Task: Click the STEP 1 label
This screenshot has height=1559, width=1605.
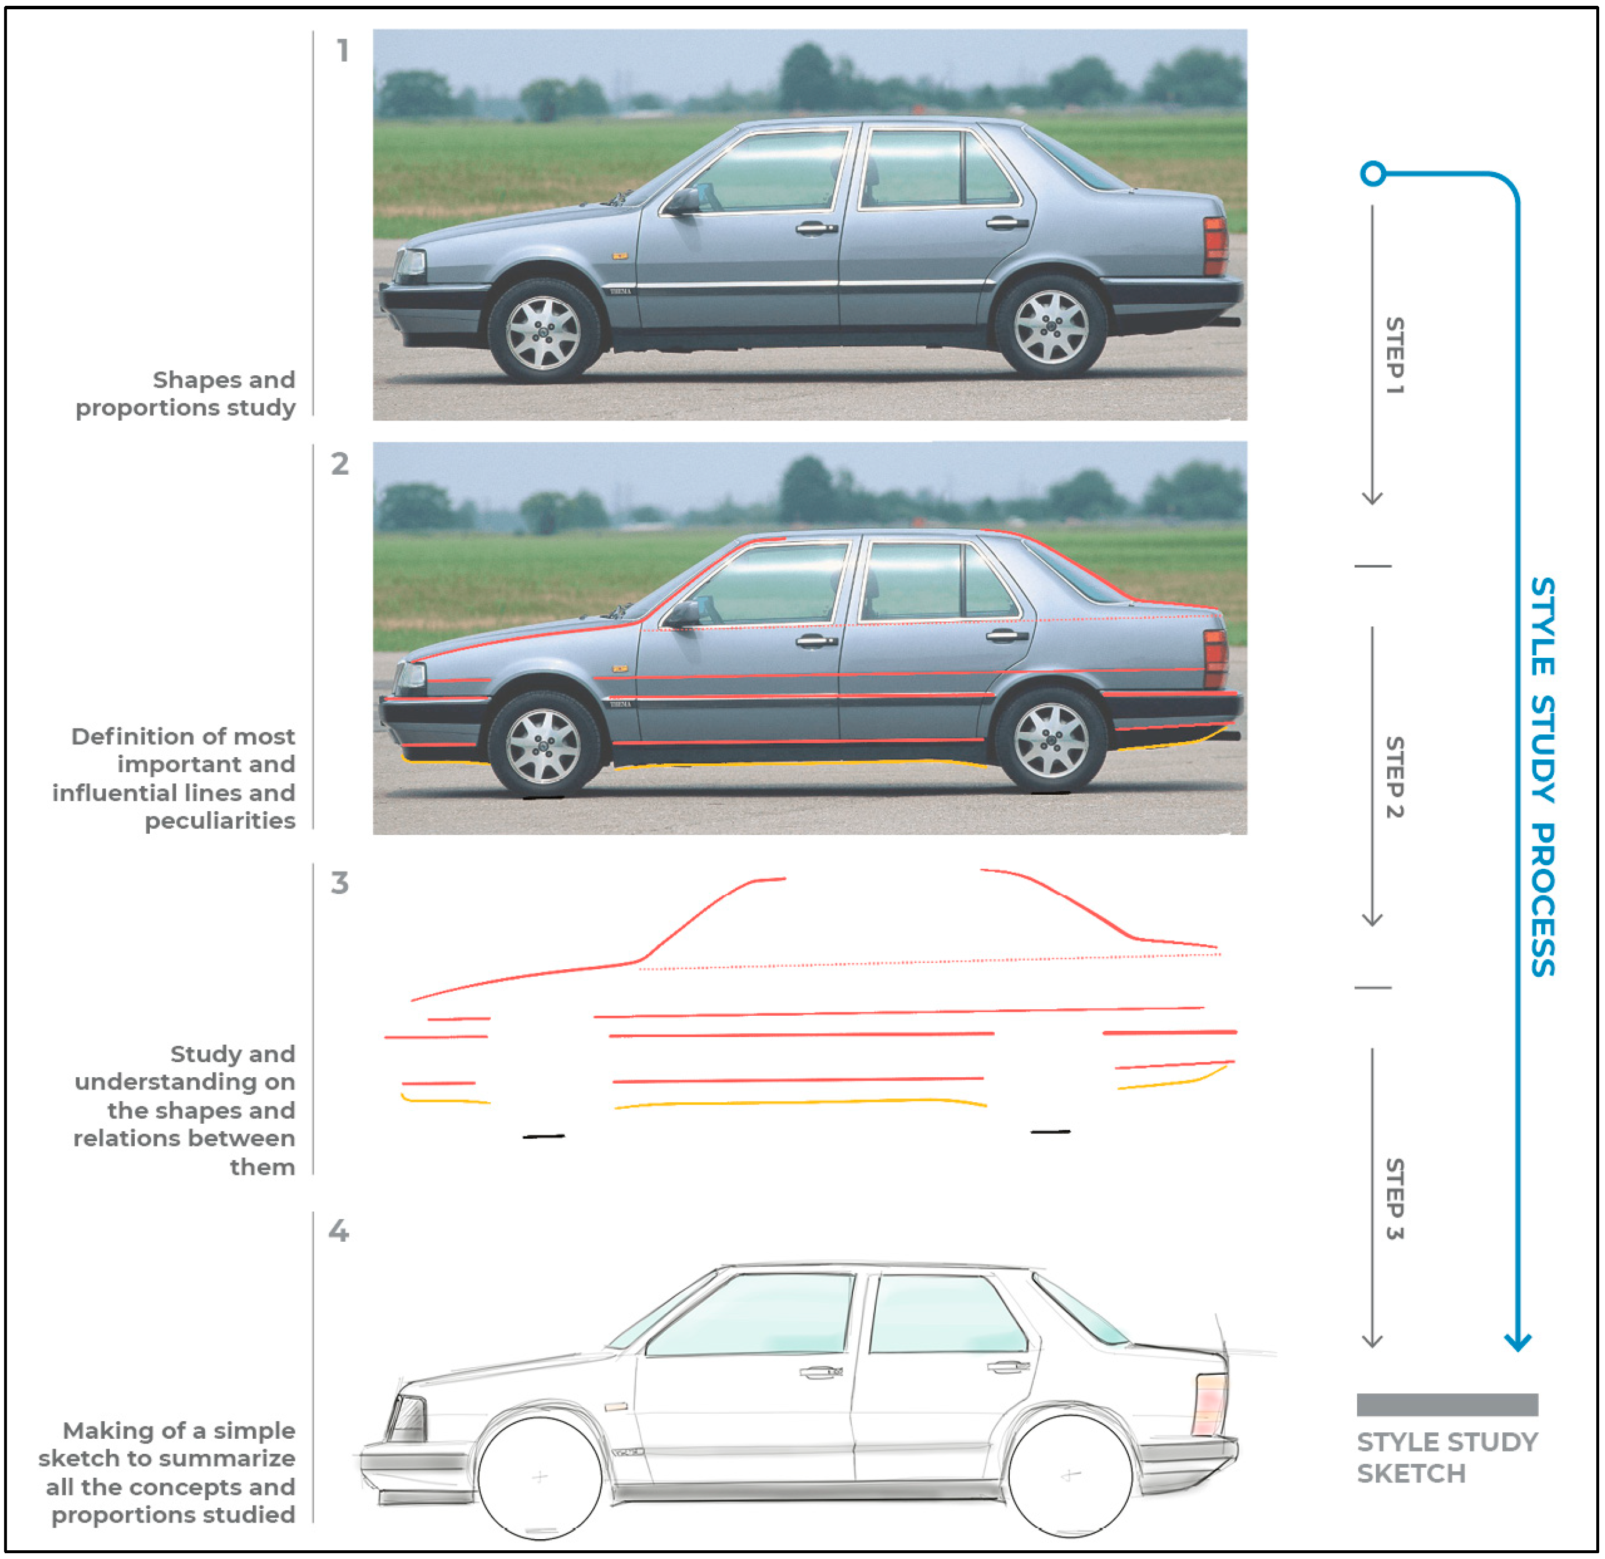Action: [1394, 356]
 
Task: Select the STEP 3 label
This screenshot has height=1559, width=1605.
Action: [1394, 1199]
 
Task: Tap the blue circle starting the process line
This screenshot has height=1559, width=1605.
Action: [1373, 174]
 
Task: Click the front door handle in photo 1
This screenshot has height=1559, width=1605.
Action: [816, 228]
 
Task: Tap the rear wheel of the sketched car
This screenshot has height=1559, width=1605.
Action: [1070, 1475]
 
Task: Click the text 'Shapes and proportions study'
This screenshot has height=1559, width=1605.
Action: [186, 393]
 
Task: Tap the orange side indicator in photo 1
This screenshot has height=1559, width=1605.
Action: [620, 256]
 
